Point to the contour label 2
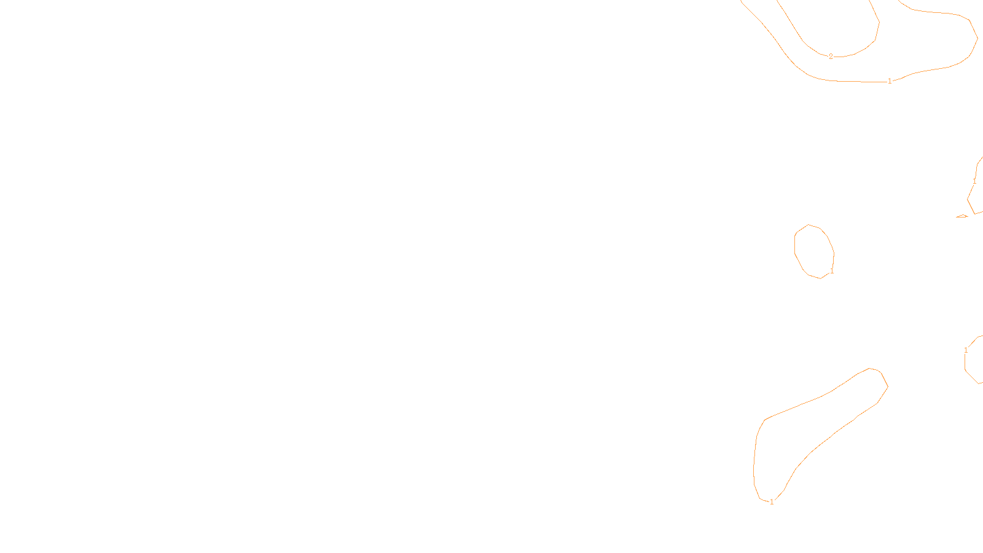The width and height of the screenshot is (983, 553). coord(831,57)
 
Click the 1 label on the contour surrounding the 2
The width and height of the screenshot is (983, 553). coord(890,81)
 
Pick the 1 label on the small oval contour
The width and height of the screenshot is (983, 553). coord(832,271)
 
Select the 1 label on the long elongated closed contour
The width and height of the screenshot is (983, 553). coord(772,502)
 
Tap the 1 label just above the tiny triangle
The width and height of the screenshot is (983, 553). coord(974,181)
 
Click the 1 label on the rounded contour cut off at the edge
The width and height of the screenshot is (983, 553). coord(966,350)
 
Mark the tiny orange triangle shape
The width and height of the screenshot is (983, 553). coord(962,216)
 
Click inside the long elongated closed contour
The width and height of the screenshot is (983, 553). coord(817,424)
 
